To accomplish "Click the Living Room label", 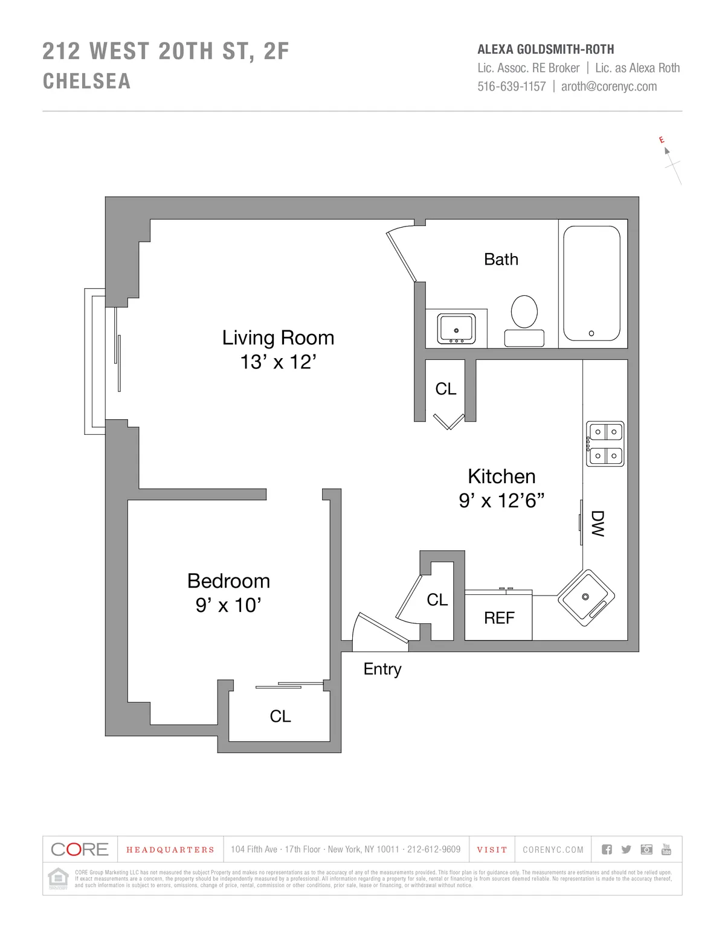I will [x=278, y=338].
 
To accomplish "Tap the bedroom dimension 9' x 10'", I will [x=228, y=605].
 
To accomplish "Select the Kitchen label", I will [x=501, y=477].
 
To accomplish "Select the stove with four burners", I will [x=605, y=444].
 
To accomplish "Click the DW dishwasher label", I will [x=597, y=524].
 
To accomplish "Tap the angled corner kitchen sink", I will [x=585, y=597].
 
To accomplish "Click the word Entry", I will [x=382, y=669].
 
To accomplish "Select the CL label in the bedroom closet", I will [x=280, y=716].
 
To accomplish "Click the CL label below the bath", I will [x=446, y=389].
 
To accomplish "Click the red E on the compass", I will [x=662, y=140].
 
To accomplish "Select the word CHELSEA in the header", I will [x=86, y=82].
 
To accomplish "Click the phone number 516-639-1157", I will [x=511, y=86].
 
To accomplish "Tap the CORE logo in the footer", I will [x=80, y=849].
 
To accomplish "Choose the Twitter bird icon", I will [x=627, y=850].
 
